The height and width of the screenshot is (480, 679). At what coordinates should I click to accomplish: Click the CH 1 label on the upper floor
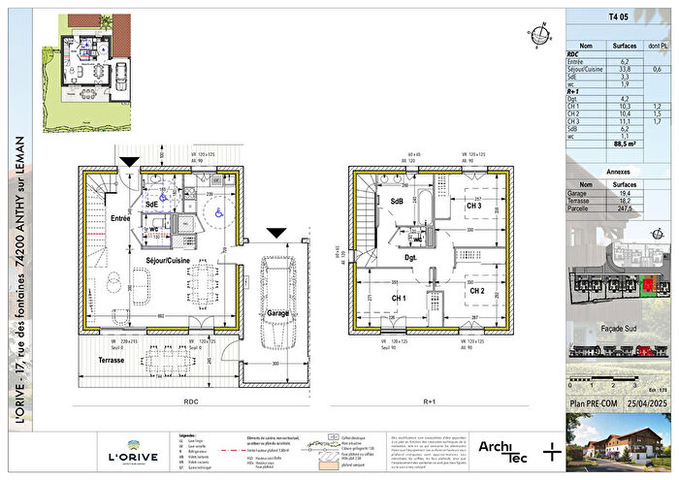click(x=399, y=297)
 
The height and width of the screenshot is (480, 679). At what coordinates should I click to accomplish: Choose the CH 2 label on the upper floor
click(x=476, y=291)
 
